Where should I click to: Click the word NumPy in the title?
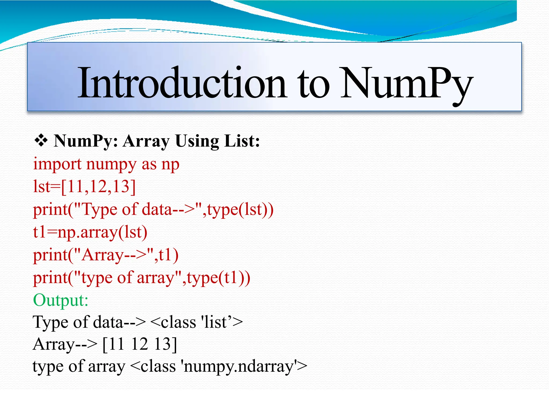pyautogui.click(x=406, y=83)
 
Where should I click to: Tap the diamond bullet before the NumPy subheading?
pyautogui.click(x=41, y=141)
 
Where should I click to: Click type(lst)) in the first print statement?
pyautogui.click(x=240, y=209)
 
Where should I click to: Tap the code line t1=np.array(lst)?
pyautogui.click(x=90, y=232)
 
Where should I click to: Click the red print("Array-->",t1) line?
pyautogui.click(x=106, y=255)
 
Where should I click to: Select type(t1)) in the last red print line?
pyautogui.click(x=218, y=278)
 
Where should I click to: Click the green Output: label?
pyautogui.click(x=61, y=300)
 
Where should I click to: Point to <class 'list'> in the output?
pyautogui.click(x=196, y=322)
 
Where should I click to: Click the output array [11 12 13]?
pyautogui.click(x=140, y=344)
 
